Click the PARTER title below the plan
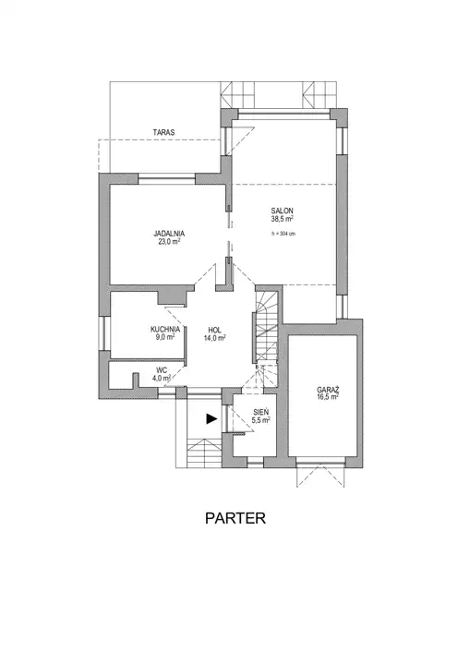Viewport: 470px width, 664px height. click(x=235, y=518)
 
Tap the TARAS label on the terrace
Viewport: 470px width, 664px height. click(x=163, y=133)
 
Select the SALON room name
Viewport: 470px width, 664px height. click(x=282, y=211)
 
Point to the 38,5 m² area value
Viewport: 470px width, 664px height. click(x=283, y=219)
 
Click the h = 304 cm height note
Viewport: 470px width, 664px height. click(x=283, y=234)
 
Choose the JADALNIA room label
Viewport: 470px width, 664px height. click(x=169, y=234)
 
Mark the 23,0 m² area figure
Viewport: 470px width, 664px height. click(x=169, y=242)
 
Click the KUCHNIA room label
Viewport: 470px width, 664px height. click(x=165, y=330)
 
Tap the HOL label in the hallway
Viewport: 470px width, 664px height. click(x=214, y=330)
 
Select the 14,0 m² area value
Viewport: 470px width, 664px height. click(x=214, y=338)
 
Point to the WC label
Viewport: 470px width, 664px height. click(x=162, y=371)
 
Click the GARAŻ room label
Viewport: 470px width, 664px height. click(x=328, y=390)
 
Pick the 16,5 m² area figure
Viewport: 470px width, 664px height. click(x=328, y=397)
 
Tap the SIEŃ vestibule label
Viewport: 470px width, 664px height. click(x=260, y=412)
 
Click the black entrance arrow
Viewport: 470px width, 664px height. click(x=211, y=419)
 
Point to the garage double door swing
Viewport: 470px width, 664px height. click(x=320, y=476)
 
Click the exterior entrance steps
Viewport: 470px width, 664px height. click(x=204, y=453)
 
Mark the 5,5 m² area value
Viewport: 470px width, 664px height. click(x=260, y=420)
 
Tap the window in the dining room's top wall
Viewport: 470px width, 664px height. click(x=166, y=179)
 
